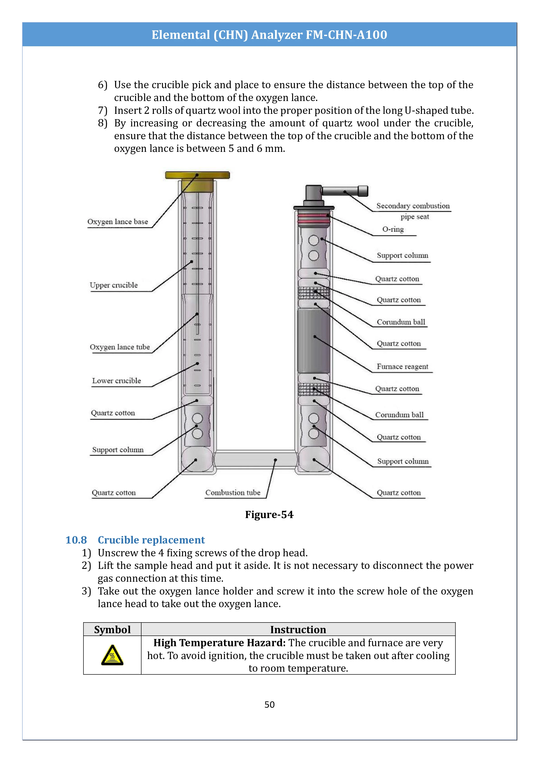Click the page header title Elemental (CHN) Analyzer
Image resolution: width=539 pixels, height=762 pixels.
pyautogui.click(x=269, y=35)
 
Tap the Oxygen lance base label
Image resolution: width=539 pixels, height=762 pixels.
pyautogui.click(x=118, y=222)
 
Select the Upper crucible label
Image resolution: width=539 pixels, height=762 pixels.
pyautogui.click(x=113, y=285)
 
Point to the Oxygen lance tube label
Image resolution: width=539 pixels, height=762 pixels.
pyautogui.click(x=119, y=347)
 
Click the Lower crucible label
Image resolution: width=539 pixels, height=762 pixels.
pyautogui.click(x=116, y=381)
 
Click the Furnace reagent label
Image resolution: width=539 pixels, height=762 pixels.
pyautogui.click(x=402, y=366)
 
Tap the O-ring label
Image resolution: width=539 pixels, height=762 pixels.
pyautogui.click(x=393, y=229)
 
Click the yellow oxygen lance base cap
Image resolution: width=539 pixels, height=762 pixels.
pyautogui.click(x=197, y=175)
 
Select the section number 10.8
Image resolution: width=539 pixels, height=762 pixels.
pyautogui.click(x=76, y=540)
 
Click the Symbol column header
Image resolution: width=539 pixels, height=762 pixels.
pyautogui.click(x=112, y=629)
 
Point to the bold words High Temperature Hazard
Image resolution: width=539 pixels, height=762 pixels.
pyautogui.click(x=219, y=643)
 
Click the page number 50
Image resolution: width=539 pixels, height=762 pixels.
pyautogui.click(x=269, y=705)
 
